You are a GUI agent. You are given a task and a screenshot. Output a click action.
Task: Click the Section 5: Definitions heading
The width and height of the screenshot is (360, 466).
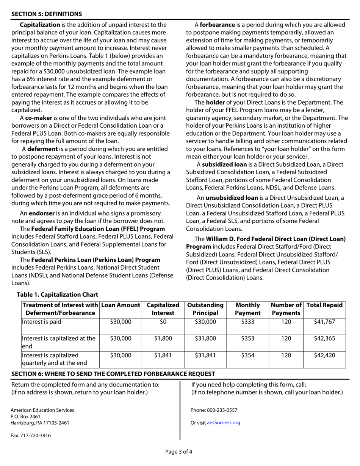(46, 14)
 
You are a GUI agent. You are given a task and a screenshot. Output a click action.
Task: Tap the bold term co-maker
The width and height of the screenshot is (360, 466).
(39, 118)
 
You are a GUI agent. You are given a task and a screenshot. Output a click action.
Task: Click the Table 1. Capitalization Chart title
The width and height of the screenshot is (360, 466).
(57, 294)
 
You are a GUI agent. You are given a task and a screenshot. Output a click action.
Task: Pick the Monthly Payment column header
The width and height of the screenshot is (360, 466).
(248, 309)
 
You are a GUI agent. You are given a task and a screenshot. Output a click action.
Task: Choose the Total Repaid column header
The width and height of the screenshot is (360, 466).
(324, 305)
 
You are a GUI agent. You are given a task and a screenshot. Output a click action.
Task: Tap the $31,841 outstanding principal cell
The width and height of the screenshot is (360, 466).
(205, 355)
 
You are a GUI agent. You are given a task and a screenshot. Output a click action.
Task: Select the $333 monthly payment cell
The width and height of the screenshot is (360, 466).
(248, 322)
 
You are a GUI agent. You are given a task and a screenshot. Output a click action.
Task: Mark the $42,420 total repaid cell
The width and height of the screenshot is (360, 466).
(324, 355)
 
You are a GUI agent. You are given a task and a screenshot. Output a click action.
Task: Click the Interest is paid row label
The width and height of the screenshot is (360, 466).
(42, 322)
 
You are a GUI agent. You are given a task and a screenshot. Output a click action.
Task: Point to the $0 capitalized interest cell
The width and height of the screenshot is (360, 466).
(163, 322)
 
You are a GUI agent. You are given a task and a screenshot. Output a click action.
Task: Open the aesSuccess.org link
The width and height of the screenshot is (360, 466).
(224, 423)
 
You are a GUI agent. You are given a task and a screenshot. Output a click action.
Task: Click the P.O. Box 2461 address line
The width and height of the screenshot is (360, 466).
(25, 416)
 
